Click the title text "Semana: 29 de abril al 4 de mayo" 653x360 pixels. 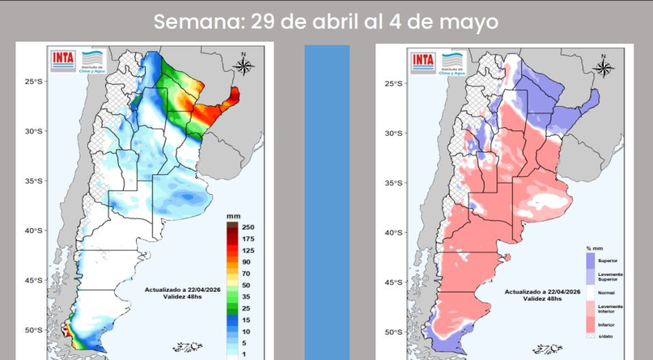[326, 21]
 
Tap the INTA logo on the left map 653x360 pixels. [62, 58]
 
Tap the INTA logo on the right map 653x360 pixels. [422, 59]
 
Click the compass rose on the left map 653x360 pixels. [246, 65]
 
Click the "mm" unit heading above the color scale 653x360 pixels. [233, 216]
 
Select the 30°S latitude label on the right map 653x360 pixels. [394, 133]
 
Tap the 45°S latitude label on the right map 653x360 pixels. [394, 282]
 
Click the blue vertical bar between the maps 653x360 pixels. [327, 202]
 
